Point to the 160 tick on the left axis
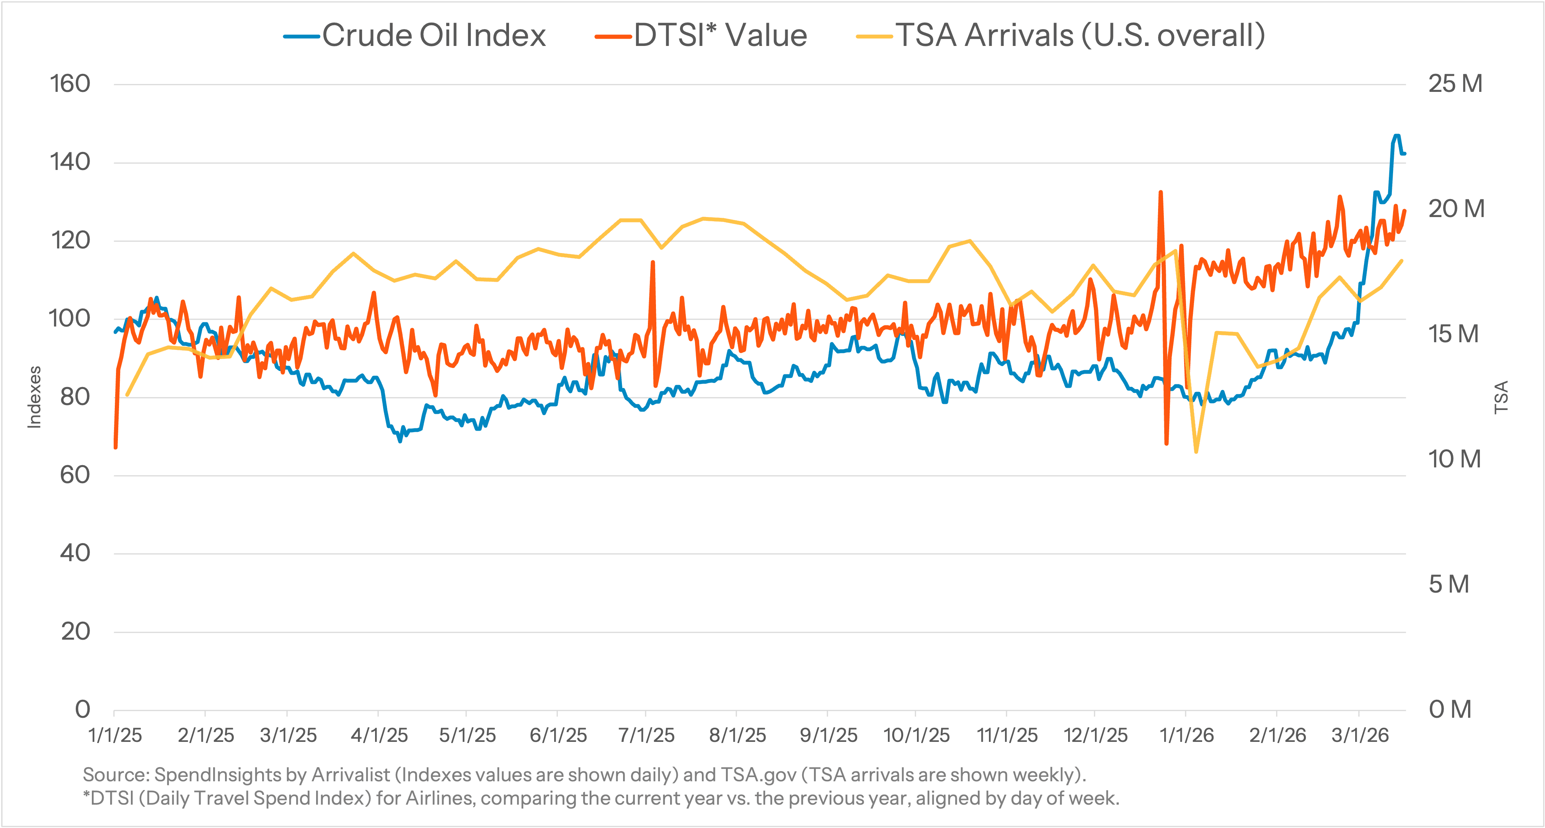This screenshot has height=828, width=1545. [70, 84]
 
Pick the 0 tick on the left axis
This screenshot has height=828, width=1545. [83, 710]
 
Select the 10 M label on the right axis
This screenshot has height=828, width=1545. [1454, 460]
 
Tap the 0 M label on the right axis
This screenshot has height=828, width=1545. [1450, 710]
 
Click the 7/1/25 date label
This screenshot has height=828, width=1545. [646, 736]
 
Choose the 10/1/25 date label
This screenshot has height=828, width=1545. [916, 736]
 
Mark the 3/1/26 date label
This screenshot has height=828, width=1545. [1360, 736]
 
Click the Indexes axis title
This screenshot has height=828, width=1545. [35, 397]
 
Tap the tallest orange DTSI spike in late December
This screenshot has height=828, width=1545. [1160, 193]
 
